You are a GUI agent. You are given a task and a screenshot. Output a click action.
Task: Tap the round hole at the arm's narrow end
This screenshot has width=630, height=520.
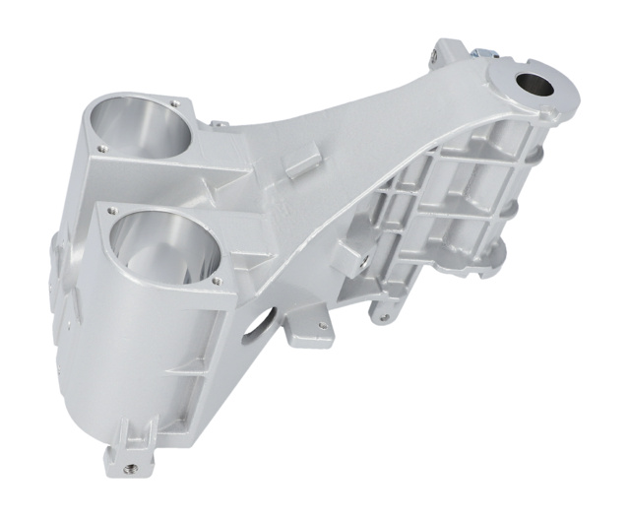[537, 85]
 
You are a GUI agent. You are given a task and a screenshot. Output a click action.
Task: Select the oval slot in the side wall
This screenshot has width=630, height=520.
[261, 320]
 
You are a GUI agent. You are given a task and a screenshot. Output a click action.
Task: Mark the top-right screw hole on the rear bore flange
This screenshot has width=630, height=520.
[176, 100]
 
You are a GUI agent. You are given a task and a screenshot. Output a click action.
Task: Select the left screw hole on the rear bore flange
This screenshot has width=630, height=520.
[101, 146]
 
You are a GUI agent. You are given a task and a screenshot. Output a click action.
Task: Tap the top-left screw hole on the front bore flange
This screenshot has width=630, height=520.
[114, 209]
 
